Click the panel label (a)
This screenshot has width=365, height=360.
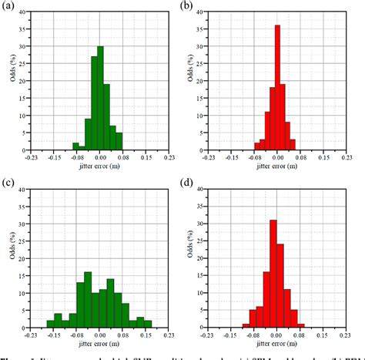8,5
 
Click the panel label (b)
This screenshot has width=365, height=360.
189,5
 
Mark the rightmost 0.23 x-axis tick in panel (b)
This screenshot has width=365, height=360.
349,158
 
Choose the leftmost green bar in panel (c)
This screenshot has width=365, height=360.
50,323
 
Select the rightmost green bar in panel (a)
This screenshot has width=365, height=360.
119,140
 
